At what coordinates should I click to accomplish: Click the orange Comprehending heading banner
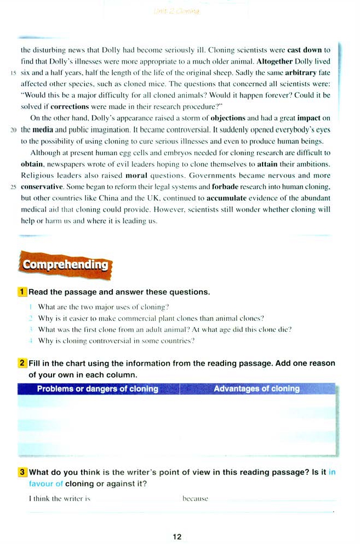click(65, 265)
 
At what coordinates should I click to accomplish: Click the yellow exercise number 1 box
click(22, 292)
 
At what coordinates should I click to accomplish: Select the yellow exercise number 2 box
click(22, 363)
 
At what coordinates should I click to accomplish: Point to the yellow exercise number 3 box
click(22, 472)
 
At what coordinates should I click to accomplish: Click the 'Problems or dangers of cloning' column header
click(98, 389)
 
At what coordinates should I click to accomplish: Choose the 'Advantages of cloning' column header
click(256, 389)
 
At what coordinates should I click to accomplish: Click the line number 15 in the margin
click(13, 72)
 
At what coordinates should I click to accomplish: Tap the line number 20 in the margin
click(13, 131)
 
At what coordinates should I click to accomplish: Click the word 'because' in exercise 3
click(195, 498)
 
